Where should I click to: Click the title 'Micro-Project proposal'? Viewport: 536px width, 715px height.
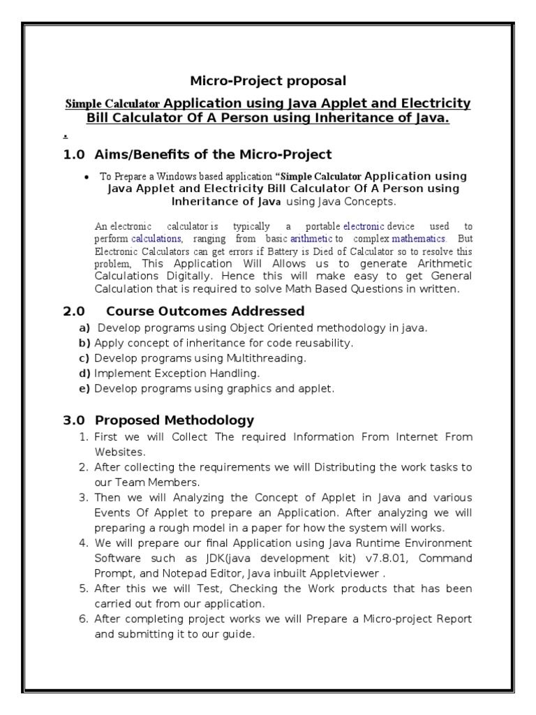pyautogui.click(x=269, y=81)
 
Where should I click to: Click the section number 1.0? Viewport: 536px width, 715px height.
pyautogui.click(x=74, y=154)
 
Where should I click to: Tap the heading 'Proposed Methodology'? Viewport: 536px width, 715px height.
pyautogui.click(x=174, y=420)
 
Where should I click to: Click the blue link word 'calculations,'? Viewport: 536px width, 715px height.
pyautogui.click(x=157, y=239)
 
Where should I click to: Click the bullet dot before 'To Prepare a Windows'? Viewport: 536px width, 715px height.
pyautogui.click(x=86, y=177)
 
